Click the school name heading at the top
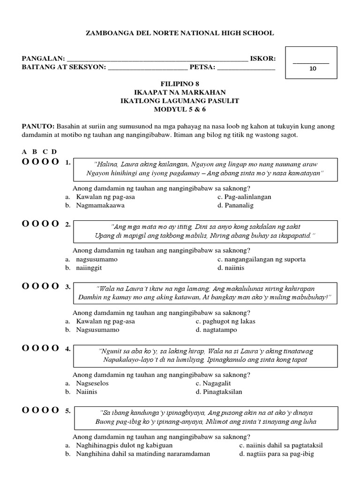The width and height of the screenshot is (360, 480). click(x=180, y=33)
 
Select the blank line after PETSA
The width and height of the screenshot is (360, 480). click(x=246, y=68)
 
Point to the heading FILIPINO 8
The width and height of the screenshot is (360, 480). click(x=180, y=82)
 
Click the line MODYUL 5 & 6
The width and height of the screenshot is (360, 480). click(x=180, y=109)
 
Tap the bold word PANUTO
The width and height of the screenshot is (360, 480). click(x=38, y=127)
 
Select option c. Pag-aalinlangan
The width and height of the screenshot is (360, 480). click(x=244, y=197)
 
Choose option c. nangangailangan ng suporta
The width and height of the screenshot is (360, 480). click(x=261, y=259)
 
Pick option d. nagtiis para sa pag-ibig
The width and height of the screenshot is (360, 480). click(x=276, y=454)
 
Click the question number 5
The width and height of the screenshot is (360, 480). click(x=68, y=411)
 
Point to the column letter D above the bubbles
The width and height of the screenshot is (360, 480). click(x=54, y=151)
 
